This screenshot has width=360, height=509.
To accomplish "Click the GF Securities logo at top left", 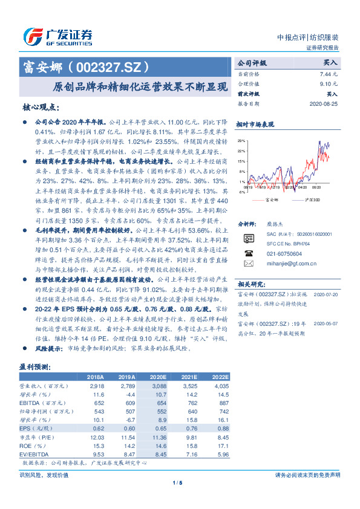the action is click(x=57, y=36).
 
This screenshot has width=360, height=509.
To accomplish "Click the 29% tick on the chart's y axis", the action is click(x=241, y=140).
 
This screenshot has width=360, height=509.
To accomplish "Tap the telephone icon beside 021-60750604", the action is click(x=247, y=253).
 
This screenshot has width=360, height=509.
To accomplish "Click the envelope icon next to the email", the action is click(x=247, y=264).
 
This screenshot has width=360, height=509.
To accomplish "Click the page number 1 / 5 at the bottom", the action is click(x=177, y=482).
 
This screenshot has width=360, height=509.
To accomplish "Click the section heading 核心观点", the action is click(x=41, y=107).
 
